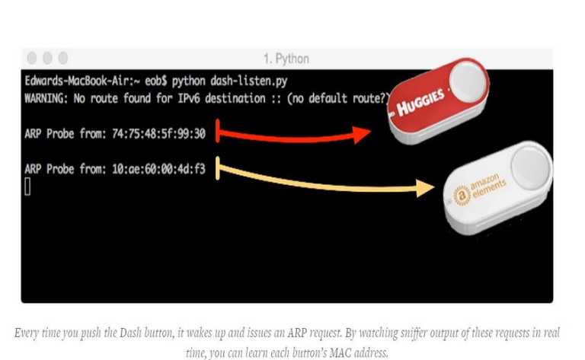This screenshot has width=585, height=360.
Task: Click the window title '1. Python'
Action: click(x=286, y=59)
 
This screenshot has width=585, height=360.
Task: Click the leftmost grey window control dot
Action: click(x=32, y=58)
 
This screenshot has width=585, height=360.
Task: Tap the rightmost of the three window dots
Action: click(x=62, y=58)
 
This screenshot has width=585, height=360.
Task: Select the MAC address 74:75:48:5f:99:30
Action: click(x=163, y=133)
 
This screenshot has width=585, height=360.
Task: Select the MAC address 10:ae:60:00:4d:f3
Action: click(x=163, y=170)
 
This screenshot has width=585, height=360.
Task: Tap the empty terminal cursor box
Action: click(x=27, y=186)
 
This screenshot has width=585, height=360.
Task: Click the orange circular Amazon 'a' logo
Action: click(x=461, y=196)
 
